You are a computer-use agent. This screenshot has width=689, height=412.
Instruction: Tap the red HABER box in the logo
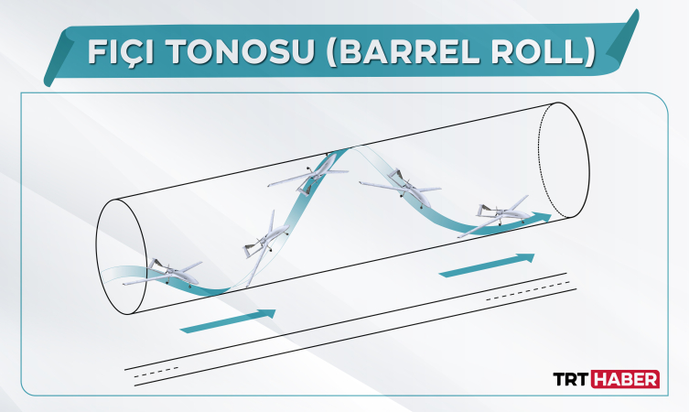626,380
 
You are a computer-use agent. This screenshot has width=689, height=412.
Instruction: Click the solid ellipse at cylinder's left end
121,256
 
